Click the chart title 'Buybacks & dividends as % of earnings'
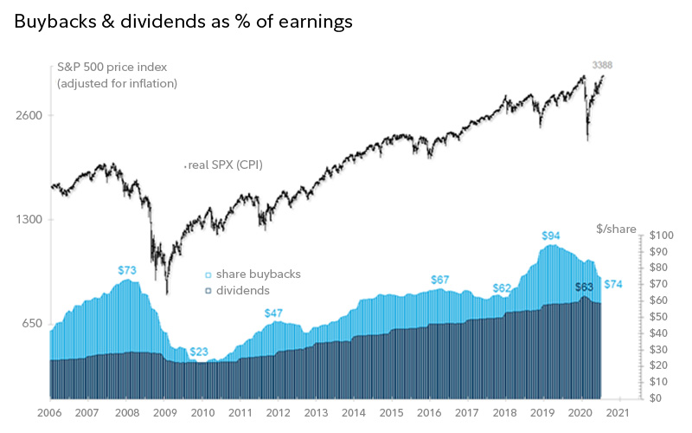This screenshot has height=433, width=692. [x=183, y=23]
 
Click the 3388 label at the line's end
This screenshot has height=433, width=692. [x=603, y=65]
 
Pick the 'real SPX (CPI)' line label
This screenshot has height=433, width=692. [x=224, y=165]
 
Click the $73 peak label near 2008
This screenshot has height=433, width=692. [x=127, y=270]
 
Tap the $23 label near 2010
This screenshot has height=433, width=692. [x=199, y=352]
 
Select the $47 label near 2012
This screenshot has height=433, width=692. [x=273, y=313]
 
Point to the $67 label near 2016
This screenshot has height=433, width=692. [x=439, y=280]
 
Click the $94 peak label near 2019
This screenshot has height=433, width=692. [x=551, y=236]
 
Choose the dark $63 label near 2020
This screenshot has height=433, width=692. [x=585, y=286]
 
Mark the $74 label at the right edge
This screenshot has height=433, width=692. [x=613, y=284]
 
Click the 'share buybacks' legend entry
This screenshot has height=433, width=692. [x=258, y=274]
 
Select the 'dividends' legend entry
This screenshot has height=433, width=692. [x=242, y=290]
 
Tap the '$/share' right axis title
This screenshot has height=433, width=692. [x=616, y=229]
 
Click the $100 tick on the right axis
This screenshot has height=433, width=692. [x=663, y=236]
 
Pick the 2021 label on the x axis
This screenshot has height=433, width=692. [x=617, y=414]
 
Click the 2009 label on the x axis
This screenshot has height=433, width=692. [x=165, y=414]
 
